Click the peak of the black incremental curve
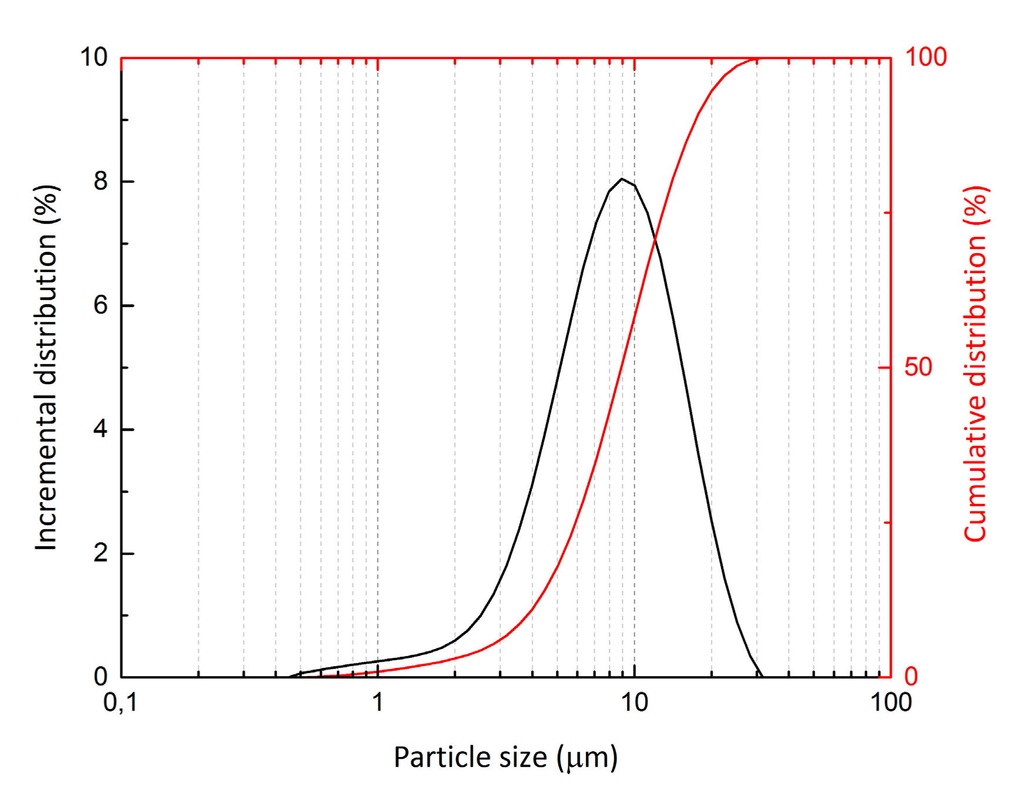click(x=622, y=179)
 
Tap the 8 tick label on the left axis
click(x=100, y=181)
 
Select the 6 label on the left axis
click(x=100, y=305)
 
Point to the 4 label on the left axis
click(x=100, y=429)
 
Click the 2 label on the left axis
click(x=100, y=553)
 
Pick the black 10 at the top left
click(x=94, y=58)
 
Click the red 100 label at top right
click(x=926, y=58)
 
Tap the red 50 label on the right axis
click(x=918, y=367)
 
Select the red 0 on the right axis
click(x=911, y=677)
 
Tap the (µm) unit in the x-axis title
click(x=587, y=758)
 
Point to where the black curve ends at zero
click(x=762, y=677)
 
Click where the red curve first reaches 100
click(x=756, y=59)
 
